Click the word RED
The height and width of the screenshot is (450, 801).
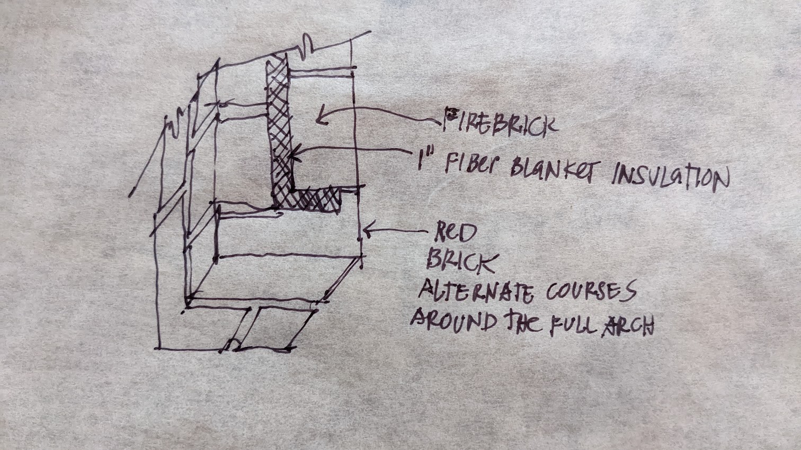(456, 232)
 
